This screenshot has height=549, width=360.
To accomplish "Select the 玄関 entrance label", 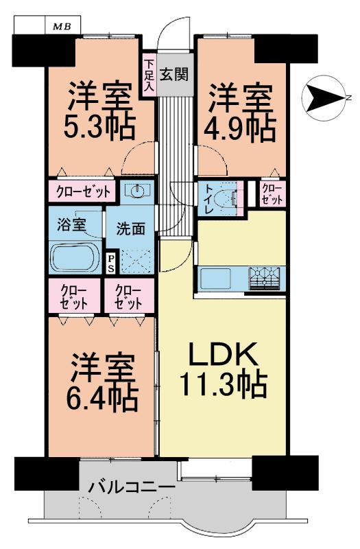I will pos(174,73).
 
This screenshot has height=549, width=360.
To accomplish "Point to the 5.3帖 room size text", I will pos(99,127).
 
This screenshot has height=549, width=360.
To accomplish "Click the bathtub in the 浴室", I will pos(74,256).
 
